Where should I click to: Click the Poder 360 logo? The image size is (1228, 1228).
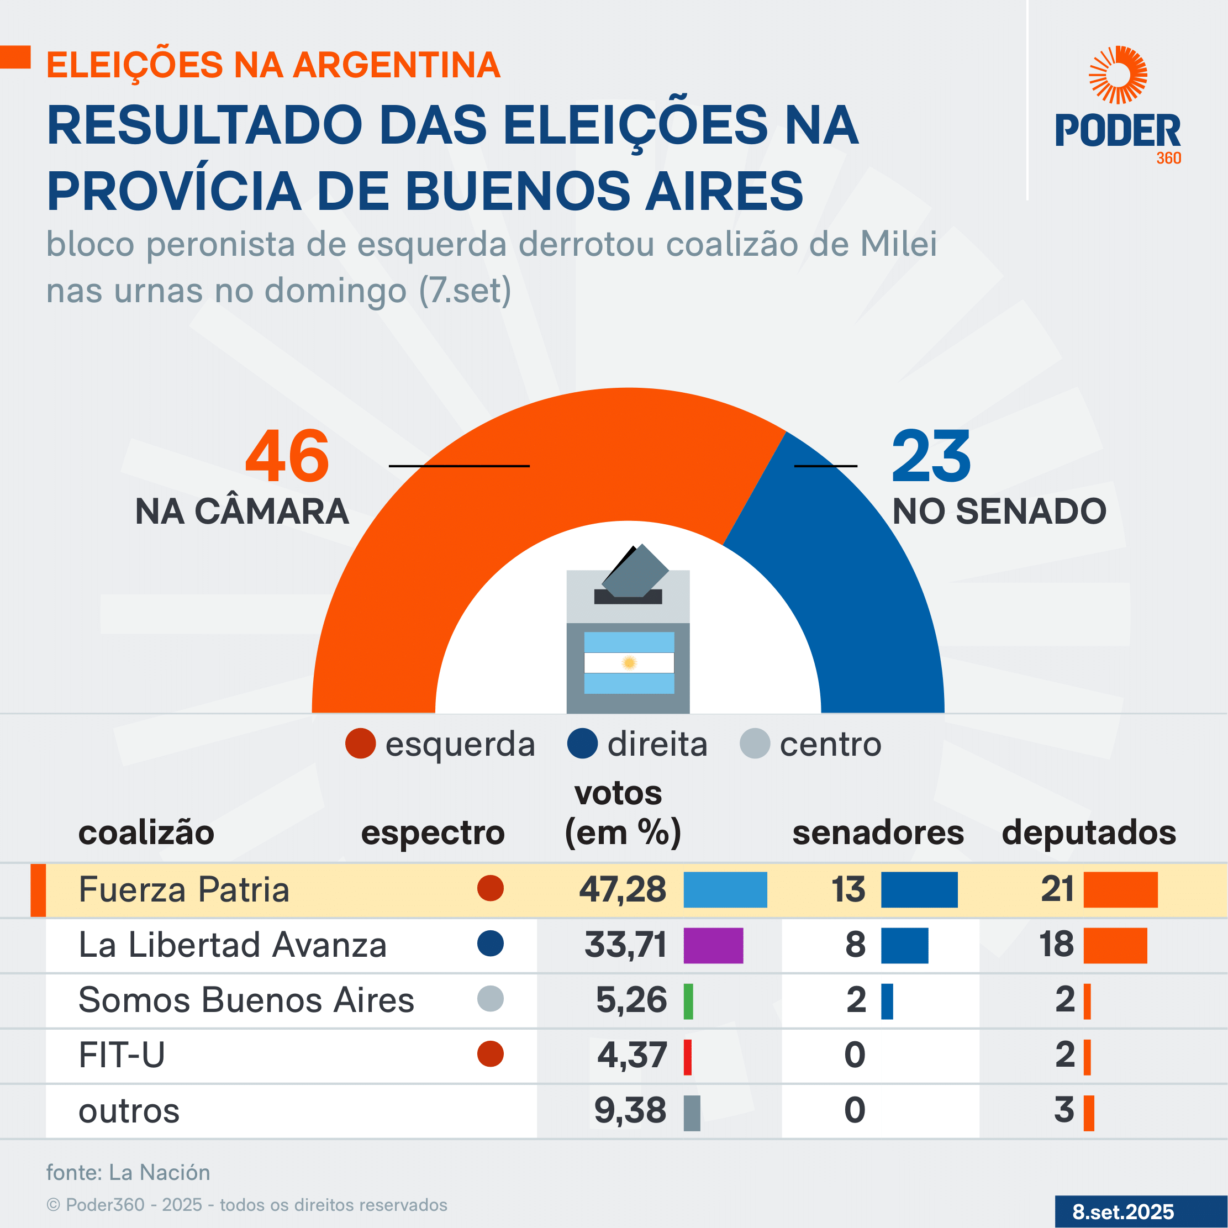pos(1118,105)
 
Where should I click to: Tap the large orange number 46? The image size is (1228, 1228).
pos(287,456)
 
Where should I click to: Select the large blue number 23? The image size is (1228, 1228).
pos(931,456)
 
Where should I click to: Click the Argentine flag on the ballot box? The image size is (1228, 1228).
pos(629,662)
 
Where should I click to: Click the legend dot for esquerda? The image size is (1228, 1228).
pos(360,744)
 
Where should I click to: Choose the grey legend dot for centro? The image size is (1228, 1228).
pos(755,744)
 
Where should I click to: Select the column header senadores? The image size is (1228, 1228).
pos(878,832)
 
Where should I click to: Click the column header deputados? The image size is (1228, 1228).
pos(1089,832)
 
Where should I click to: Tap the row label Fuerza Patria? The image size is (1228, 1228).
pos(184,889)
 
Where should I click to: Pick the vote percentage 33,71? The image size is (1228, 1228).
pos(625,945)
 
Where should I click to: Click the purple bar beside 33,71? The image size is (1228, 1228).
pos(713,945)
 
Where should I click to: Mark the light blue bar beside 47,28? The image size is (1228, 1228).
pos(725,889)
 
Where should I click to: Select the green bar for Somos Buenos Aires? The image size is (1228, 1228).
pos(688,1001)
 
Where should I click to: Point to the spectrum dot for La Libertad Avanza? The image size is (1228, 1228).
pos(490,944)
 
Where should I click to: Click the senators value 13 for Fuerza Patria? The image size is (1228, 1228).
pos(848,889)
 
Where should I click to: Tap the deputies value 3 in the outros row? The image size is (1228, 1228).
pos(1064,1110)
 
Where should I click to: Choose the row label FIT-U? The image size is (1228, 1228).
pos(122,1055)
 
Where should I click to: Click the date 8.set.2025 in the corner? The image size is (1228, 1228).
pos(1123,1211)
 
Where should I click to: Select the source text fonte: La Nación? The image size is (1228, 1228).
pos(128,1172)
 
